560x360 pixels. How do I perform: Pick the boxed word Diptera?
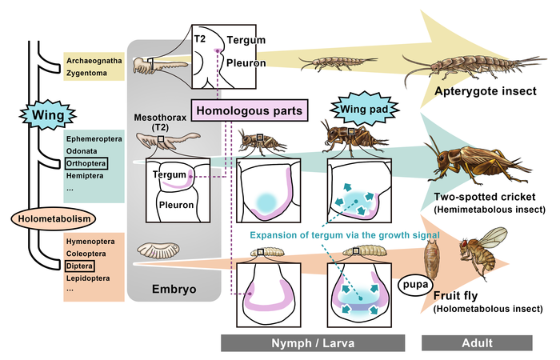[x=78, y=266]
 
